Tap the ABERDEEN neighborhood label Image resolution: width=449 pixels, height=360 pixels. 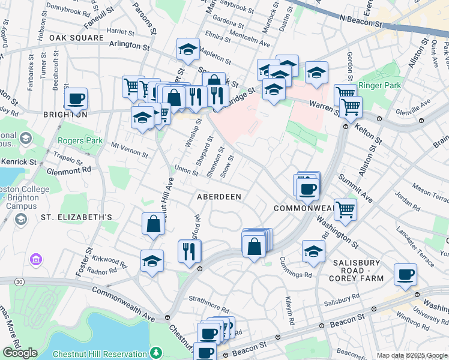pyautogui.click(x=219, y=197)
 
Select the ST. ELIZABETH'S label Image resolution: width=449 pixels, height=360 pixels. pyautogui.click(x=77, y=217)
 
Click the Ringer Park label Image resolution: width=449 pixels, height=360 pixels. pyautogui.click(x=379, y=86)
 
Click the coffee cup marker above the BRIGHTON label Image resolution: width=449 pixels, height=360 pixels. pyautogui.click(x=76, y=98)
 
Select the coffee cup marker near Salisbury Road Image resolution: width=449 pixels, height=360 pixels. pyautogui.click(x=405, y=274)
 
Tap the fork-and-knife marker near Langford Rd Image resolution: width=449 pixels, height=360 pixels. pyautogui.click(x=190, y=250)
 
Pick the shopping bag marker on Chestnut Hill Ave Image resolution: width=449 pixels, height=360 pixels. pyautogui.click(x=154, y=224)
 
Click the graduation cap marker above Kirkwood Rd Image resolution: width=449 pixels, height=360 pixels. pyautogui.click(x=152, y=261)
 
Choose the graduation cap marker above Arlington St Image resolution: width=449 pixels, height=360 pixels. pyautogui.click(x=188, y=50)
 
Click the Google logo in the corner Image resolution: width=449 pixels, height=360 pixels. pyautogui.click(x=20, y=353)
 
